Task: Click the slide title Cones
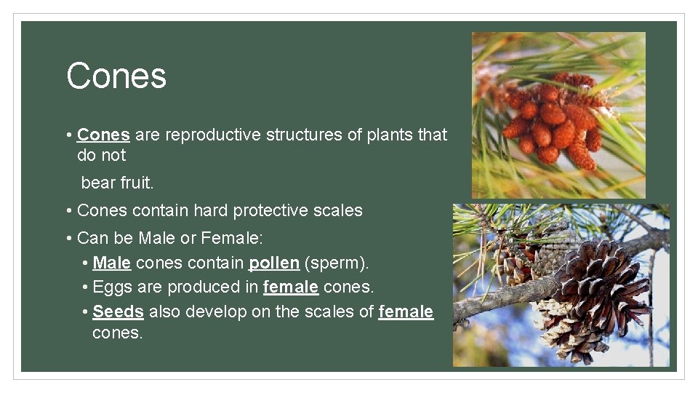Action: pyautogui.click(x=116, y=76)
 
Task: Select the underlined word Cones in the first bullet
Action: pyautogui.click(x=103, y=135)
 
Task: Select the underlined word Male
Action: pyautogui.click(x=111, y=262)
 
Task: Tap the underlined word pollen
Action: pyautogui.click(x=274, y=262)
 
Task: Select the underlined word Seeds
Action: pyautogui.click(x=118, y=312)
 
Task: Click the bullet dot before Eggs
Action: pyautogui.click(x=86, y=287)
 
